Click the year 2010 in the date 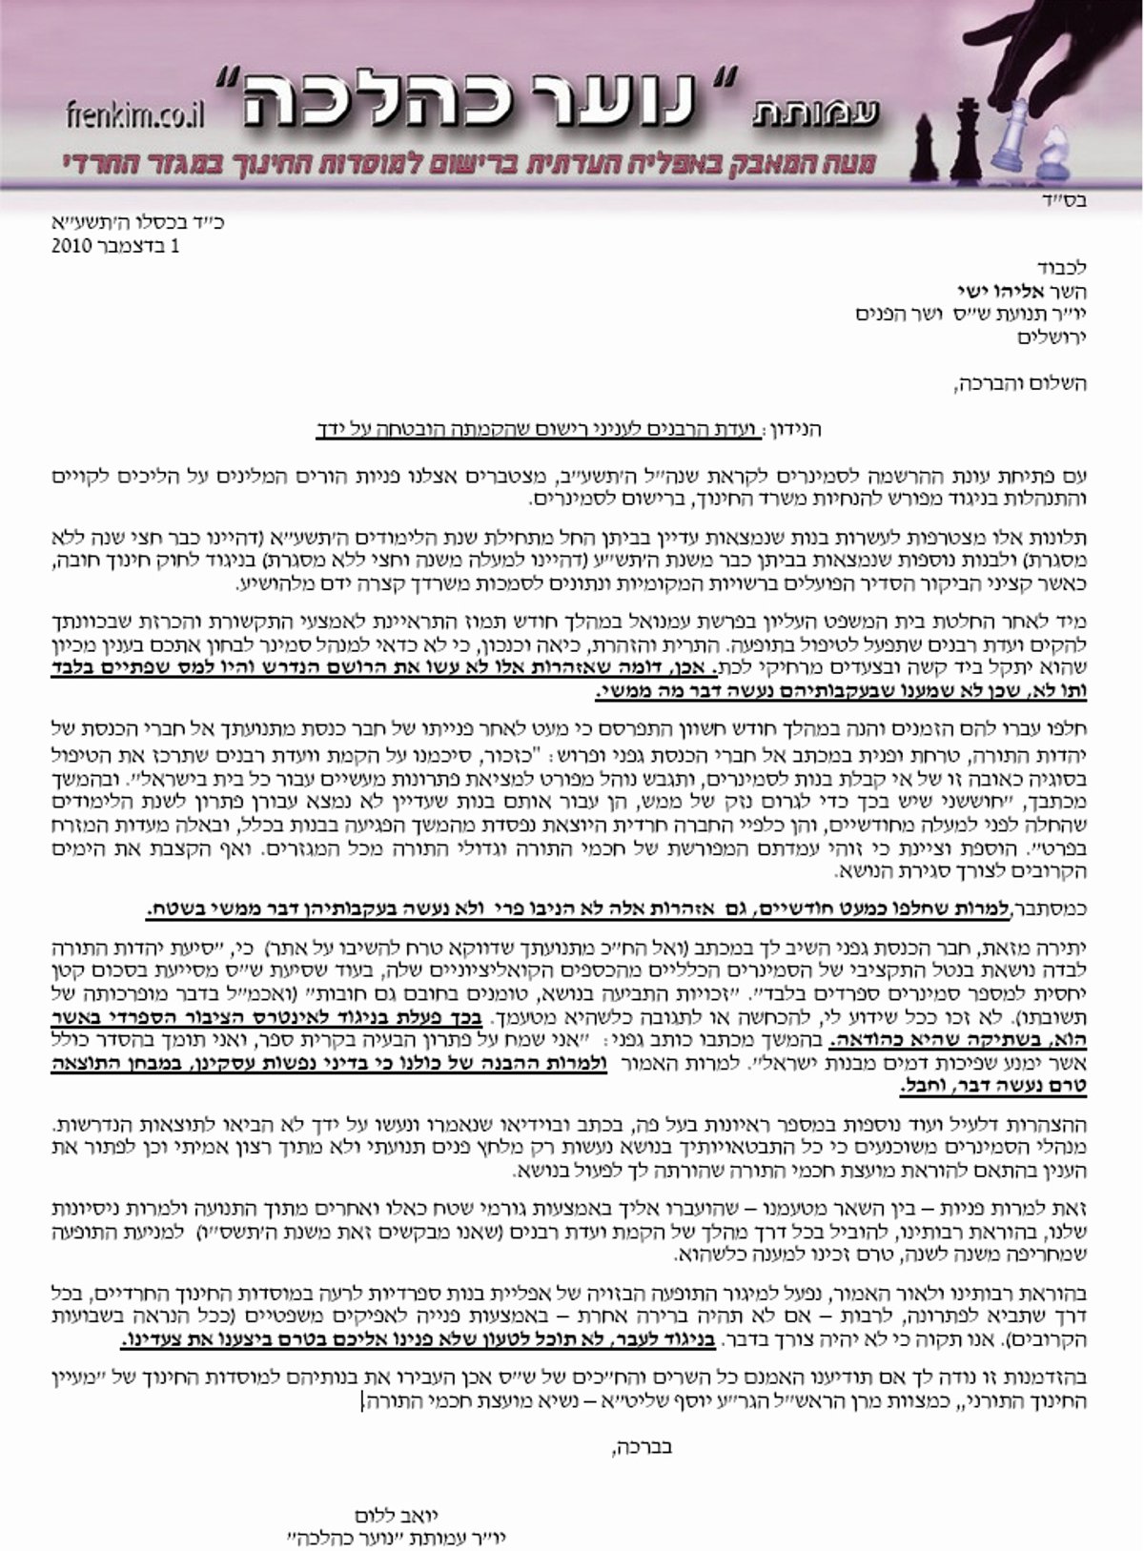point(72,245)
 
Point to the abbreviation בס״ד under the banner point(1067,202)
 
